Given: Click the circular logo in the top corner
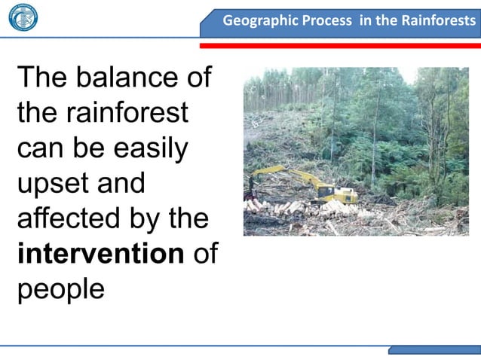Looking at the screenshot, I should click(23, 17).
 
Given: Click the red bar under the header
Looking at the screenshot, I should click(339, 45).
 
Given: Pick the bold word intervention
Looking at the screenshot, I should click(100, 254).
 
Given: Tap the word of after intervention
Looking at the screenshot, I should click(205, 254).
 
